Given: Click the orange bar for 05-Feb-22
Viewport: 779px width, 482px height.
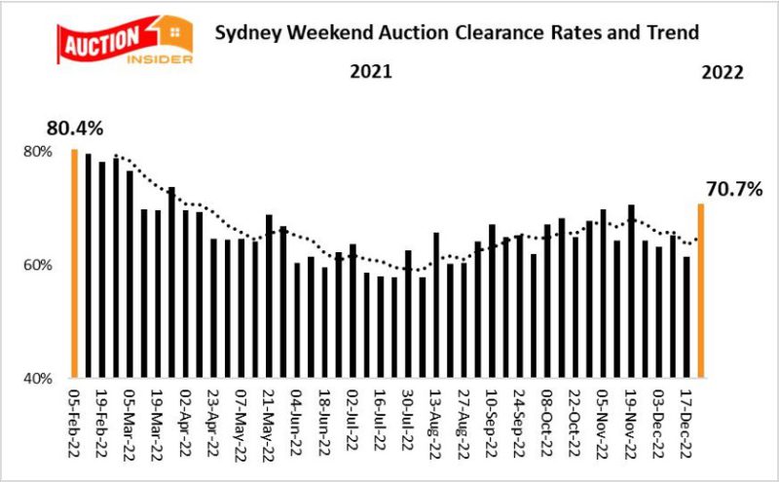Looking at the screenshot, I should [x=74, y=263].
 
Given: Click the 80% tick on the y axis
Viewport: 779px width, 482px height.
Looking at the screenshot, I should [x=38, y=152].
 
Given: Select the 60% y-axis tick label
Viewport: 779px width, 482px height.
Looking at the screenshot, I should [x=38, y=265].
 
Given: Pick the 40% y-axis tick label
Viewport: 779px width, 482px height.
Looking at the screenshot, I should [x=38, y=378].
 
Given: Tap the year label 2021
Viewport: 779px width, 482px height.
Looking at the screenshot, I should [x=371, y=72].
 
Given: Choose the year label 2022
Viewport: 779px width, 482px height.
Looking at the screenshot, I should [x=723, y=72].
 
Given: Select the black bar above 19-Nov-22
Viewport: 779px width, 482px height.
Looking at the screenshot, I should [x=631, y=291].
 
